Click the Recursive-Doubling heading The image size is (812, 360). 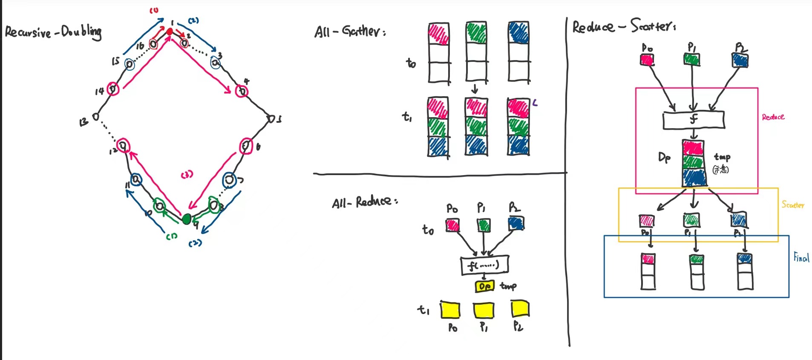click(53, 32)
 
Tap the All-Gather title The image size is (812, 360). click(350, 31)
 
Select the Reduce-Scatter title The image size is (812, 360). click(623, 26)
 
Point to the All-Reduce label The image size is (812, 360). click(365, 202)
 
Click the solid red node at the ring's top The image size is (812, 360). click(170, 32)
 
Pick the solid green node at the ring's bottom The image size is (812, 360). click(186, 219)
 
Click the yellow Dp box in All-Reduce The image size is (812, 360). click(484, 286)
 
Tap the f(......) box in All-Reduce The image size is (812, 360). click(484, 266)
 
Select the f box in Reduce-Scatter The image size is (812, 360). click(694, 120)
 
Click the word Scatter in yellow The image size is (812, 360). click(793, 205)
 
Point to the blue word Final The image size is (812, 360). click(801, 257)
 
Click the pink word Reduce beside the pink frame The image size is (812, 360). click(773, 117)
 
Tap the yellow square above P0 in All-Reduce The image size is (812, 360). click(450, 310)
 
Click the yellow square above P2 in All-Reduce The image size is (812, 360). click(520, 308)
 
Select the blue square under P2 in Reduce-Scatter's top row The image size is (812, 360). click(740, 60)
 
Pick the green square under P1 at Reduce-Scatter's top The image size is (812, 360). click(692, 59)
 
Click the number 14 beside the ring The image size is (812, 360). click(99, 91)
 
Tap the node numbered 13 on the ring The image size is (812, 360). click(96, 116)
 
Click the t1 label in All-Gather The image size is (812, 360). click(407, 116)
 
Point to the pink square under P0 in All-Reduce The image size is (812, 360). click(452, 225)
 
